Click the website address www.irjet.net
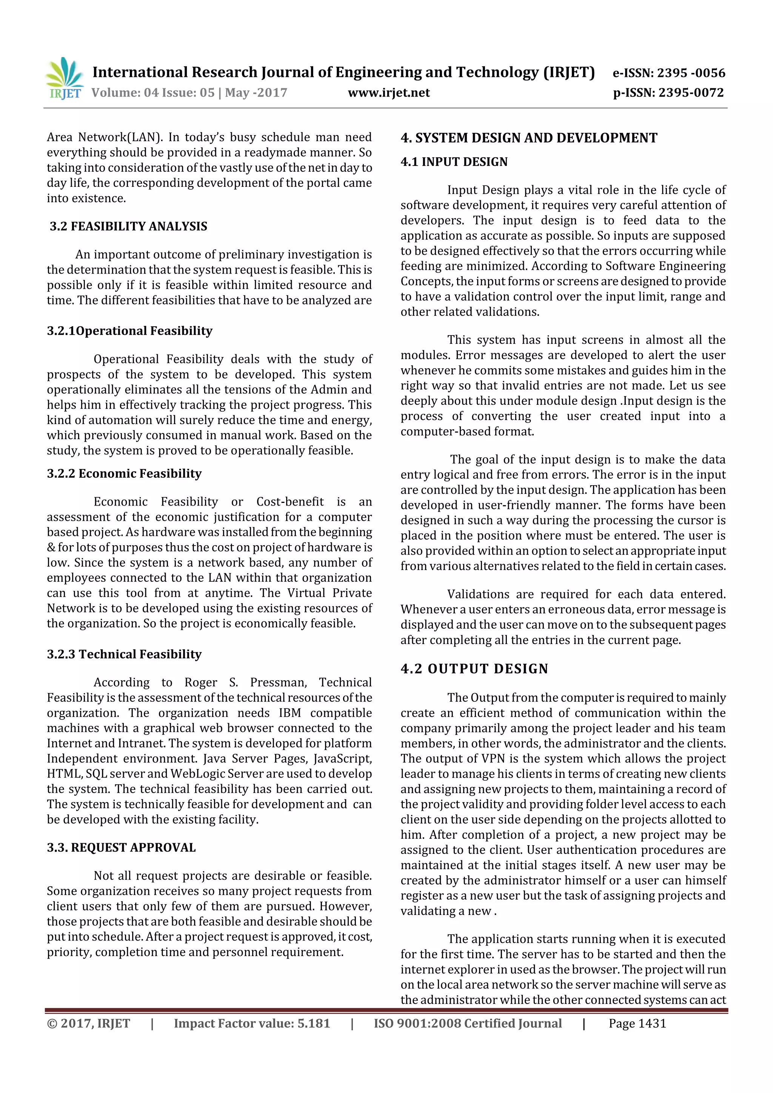(x=389, y=92)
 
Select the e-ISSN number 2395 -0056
(x=691, y=73)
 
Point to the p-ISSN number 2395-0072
(x=691, y=92)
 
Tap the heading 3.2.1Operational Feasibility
(x=129, y=331)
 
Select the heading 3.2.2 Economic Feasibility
(x=124, y=473)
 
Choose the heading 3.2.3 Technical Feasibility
(x=124, y=654)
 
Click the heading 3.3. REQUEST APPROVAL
(x=122, y=848)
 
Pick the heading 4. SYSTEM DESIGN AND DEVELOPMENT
(x=529, y=138)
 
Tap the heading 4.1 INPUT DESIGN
(x=454, y=162)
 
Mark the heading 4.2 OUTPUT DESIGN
(x=474, y=669)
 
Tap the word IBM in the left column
(x=289, y=713)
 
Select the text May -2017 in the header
(x=256, y=92)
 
